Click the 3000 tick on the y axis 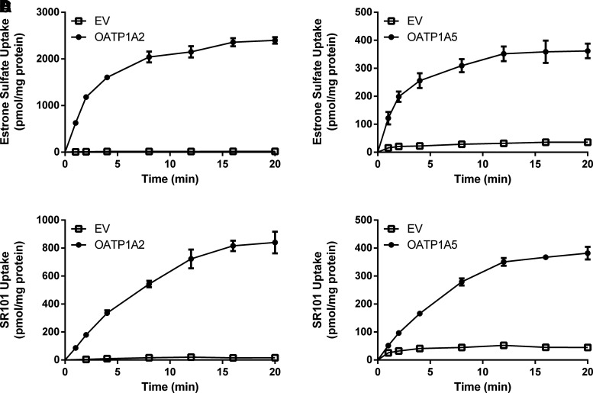coord(46,12)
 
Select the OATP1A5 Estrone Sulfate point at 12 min coord(482,53)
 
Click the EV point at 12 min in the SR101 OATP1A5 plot coord(482,345)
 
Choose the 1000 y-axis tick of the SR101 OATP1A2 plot coord(46,220)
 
